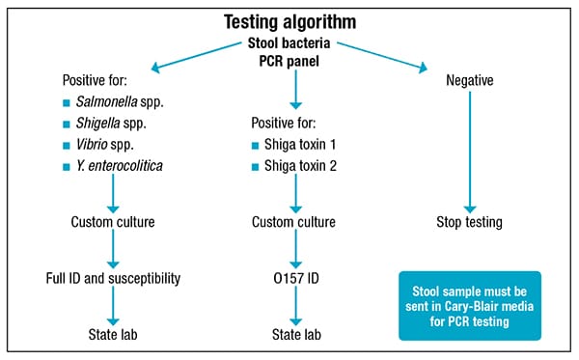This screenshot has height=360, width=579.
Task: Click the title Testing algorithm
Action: point(289,20)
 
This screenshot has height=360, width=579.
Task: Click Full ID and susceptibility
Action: point(115,279)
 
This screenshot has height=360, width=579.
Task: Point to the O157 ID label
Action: point(293,279)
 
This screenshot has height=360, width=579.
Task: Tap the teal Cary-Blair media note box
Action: point(470,305)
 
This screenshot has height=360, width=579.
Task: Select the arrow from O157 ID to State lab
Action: point(293,308)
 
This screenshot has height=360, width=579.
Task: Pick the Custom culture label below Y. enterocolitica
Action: point(115,222)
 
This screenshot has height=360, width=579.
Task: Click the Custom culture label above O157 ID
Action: point(293,222)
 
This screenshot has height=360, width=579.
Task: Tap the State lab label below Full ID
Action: point(115,335)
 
